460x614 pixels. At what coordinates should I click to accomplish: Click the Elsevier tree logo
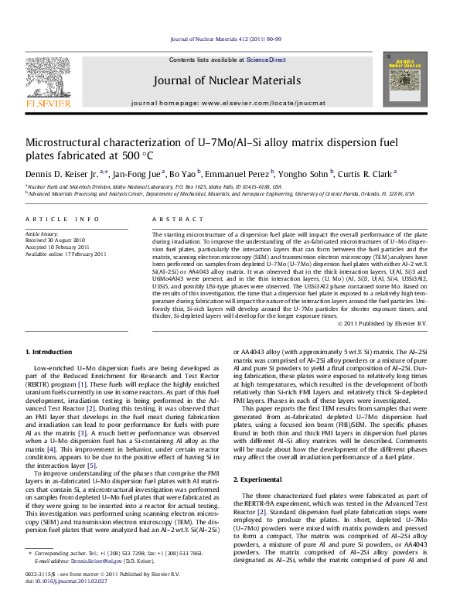click(38, 77)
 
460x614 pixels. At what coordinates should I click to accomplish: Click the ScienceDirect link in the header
click(266, 60)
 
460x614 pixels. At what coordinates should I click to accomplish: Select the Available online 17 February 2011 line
click(66, 254)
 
